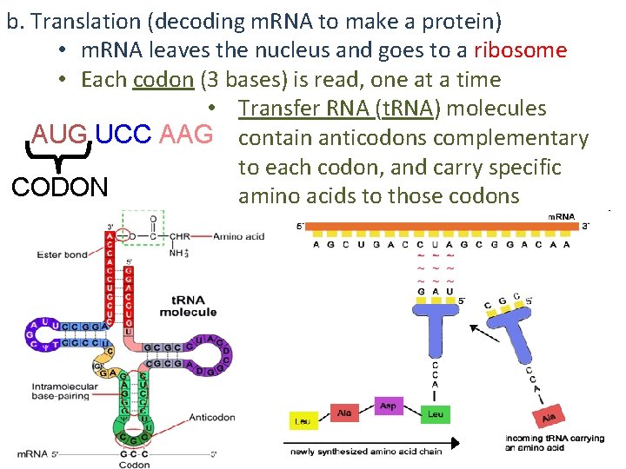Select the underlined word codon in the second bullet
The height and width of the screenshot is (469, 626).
[x=163, y=80]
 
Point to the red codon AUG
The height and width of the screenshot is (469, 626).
[x=60, y=135]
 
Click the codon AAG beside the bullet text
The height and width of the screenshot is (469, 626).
[x=186, y=135]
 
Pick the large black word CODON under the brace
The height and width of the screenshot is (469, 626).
[x=60, y=187]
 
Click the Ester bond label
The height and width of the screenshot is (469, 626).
[x=62, y=254]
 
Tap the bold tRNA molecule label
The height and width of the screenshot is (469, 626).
[x=189, y=306]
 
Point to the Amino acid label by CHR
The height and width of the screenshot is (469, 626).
[x=239, y=236]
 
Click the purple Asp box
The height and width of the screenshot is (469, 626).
[x=389, y=405]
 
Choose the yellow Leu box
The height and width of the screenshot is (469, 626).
[x=302, y=422]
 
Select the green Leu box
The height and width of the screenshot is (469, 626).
[x=436, y=414]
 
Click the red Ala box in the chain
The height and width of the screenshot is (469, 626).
[x=344, y=413]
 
